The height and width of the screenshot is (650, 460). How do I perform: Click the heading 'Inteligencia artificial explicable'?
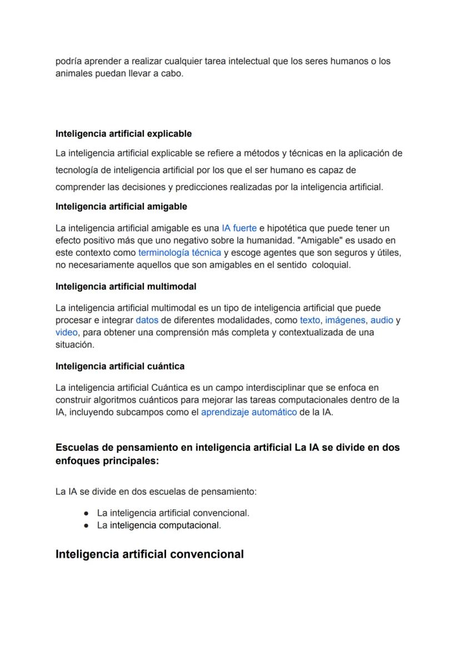coord(123,133)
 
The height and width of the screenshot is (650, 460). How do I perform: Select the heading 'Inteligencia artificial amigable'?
coord(121,206)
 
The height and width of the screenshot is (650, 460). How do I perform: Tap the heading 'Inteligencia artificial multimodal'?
coord(126,286)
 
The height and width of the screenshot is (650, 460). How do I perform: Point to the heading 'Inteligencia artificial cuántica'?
coord(120,366)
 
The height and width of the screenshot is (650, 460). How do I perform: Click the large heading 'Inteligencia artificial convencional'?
coord(149,554)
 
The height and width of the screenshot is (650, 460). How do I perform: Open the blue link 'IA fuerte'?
coord(239,228)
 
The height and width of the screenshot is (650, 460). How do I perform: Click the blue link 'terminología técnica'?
coord(179,252)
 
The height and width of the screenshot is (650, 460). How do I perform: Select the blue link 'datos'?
coord(147,320)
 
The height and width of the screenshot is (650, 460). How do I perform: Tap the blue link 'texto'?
coord(310,320)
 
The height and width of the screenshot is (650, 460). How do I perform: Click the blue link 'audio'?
coord(382,320)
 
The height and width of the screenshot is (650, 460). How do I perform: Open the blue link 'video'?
coord(66,333)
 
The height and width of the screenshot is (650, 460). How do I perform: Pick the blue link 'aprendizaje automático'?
coord(248,413)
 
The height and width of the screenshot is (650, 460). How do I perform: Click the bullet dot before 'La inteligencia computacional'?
coord(86,525)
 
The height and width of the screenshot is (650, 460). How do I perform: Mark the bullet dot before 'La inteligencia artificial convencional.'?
coord(86,513)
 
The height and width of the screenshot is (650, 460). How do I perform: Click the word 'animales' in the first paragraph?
coord(74,73)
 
